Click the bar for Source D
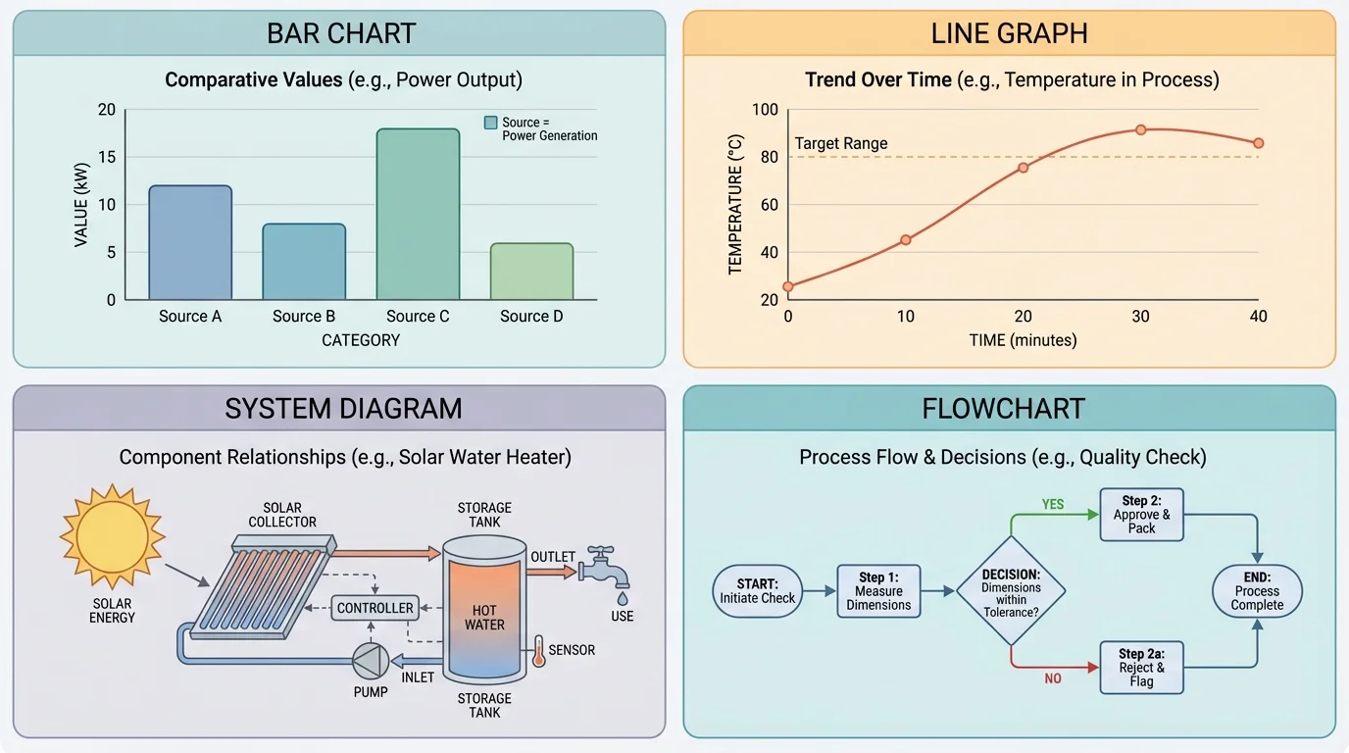tap(531, 272)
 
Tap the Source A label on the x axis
tap(189, 316)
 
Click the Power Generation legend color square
tap(491, 123)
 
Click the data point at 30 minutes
tap(1140, 129)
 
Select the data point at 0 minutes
tap(788, 286)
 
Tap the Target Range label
tap(841, 143)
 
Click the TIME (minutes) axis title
tap(1023, 340)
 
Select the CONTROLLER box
tap(375, 608)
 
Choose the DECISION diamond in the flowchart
tap(1011, 591)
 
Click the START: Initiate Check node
tap(758, 591)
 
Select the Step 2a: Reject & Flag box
tap(1141, 667)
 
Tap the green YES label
tap(1053, 504)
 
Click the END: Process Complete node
tap(1257, 591)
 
